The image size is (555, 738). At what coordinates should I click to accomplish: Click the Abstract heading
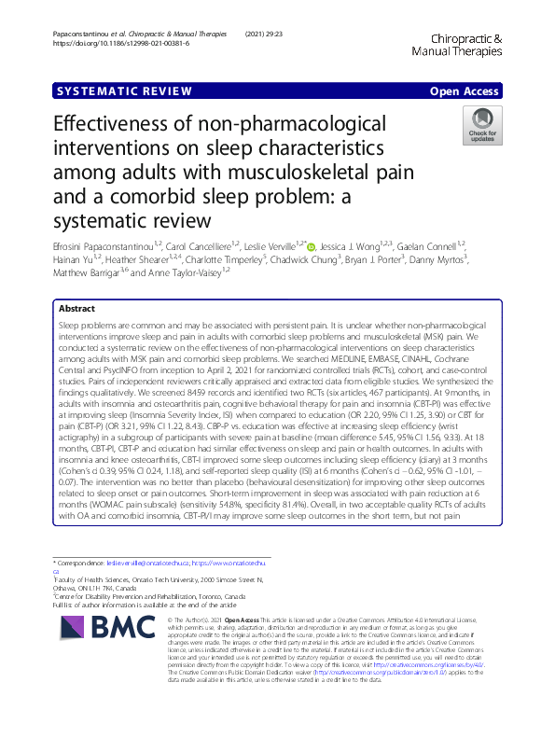[76, 282]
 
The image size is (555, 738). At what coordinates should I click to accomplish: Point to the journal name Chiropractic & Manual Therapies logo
[468, 47]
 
